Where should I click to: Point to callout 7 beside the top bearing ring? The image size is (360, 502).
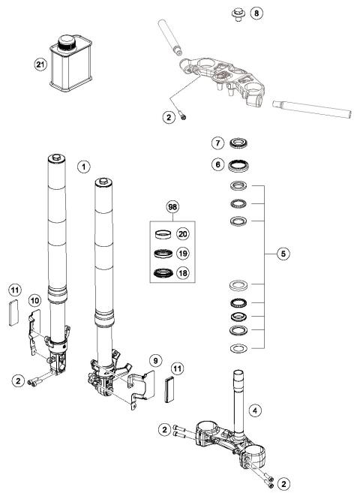217,143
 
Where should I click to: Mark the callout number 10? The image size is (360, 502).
34,300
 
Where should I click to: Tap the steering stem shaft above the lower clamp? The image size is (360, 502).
241,398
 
